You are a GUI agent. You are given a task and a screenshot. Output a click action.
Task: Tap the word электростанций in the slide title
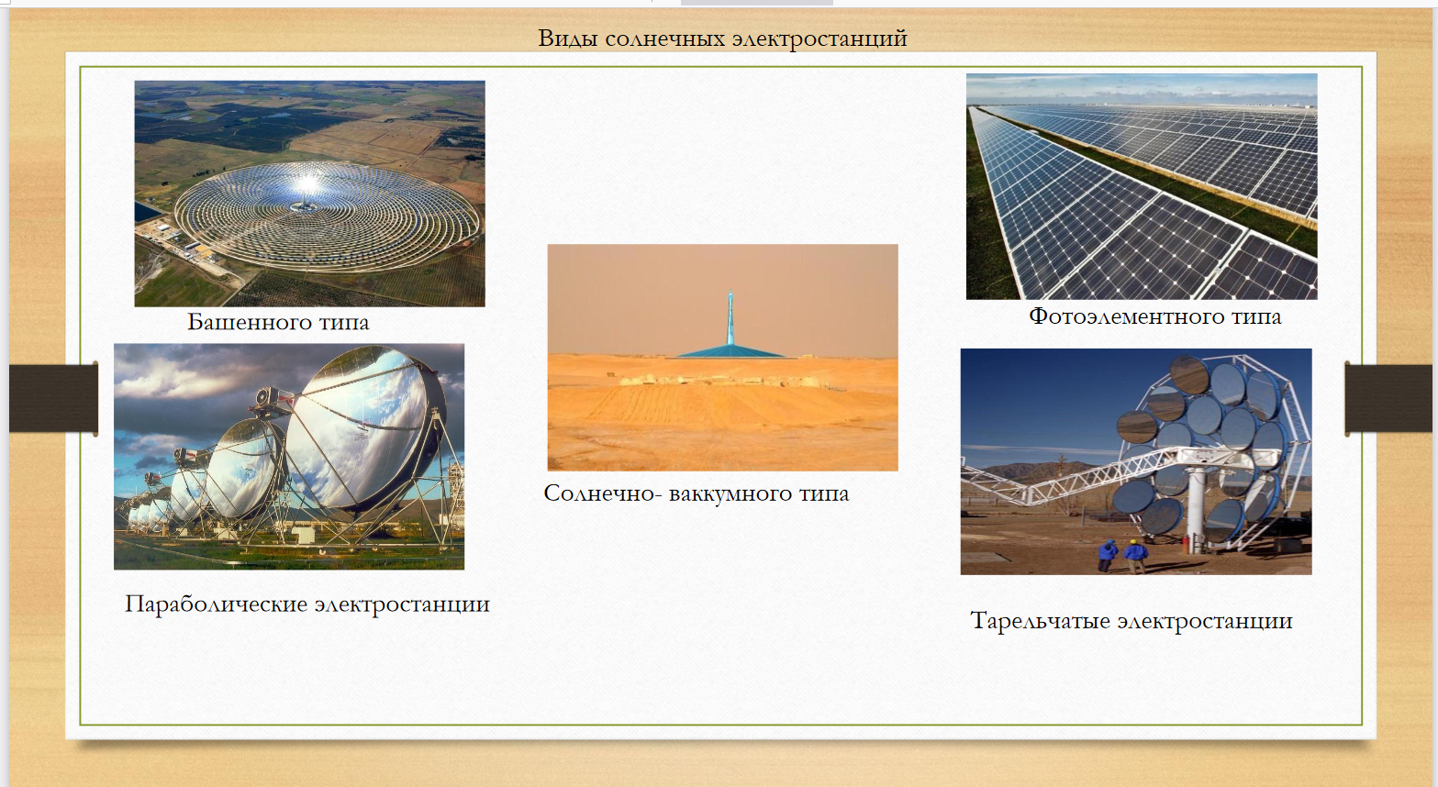click(819, 39)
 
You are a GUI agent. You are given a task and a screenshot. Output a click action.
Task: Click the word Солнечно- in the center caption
click(602, 493)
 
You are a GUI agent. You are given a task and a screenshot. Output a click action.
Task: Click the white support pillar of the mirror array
click(1196, 507)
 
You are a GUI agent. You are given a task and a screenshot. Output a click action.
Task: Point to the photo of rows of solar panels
click(1142, 186)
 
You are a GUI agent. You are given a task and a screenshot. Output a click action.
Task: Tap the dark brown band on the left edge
click(53, 398)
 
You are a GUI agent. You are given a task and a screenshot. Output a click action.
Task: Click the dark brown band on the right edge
click(1388, 398)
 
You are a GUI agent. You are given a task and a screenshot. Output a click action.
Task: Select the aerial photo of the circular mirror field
click(309, 194)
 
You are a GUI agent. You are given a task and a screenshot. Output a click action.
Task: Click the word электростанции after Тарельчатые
click(1204, 621)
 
